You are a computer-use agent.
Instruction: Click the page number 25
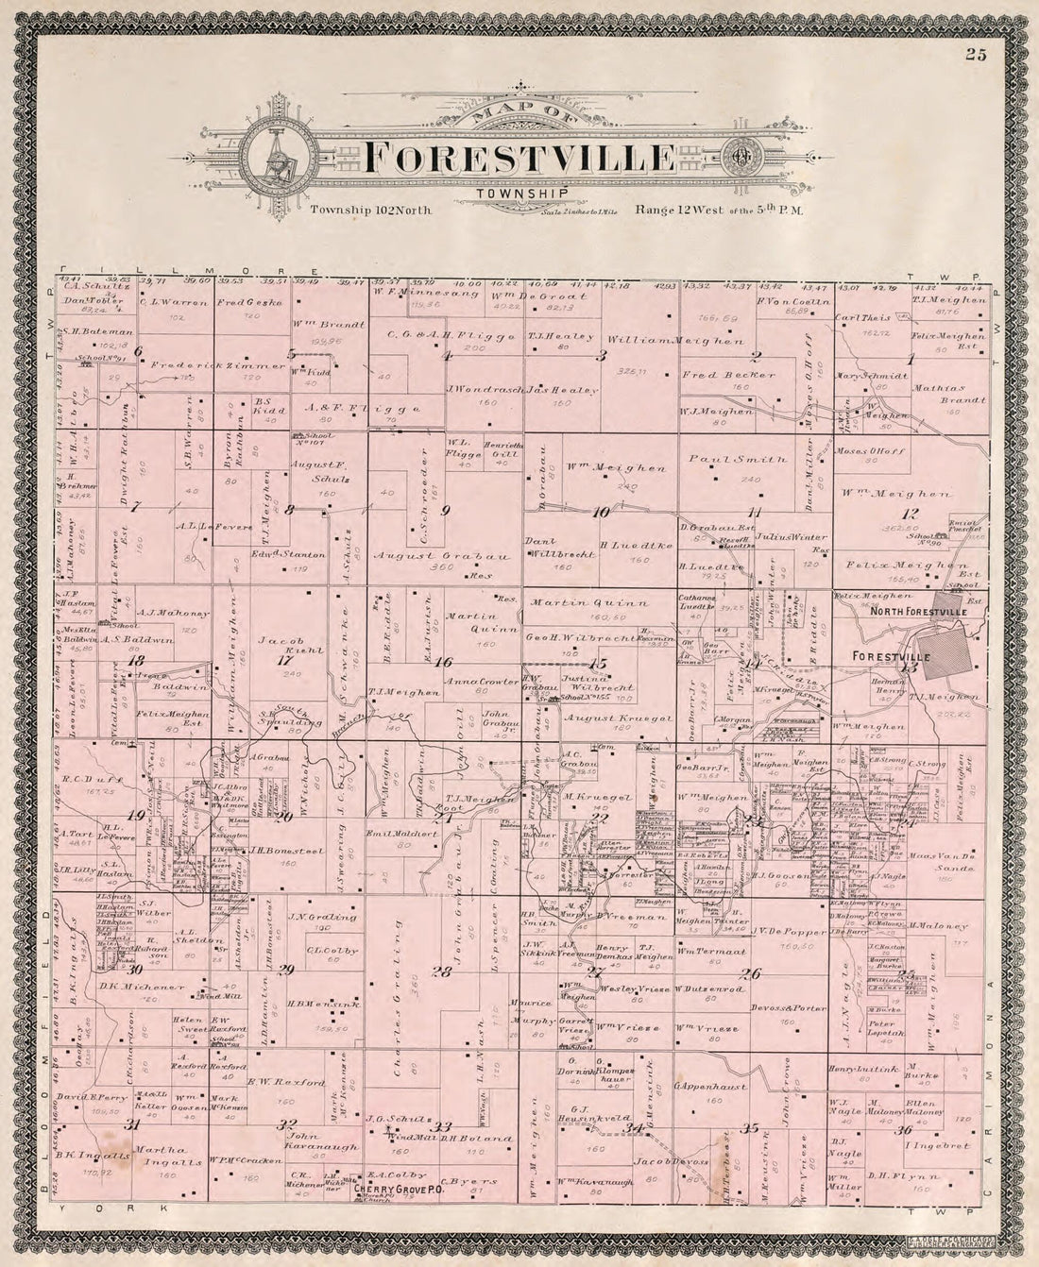(976, 55)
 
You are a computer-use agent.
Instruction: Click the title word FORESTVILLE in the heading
(519, 158)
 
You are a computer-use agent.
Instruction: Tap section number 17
(283, 660)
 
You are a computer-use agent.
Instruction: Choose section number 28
(441, 971)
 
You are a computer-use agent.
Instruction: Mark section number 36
(905, 1130)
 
